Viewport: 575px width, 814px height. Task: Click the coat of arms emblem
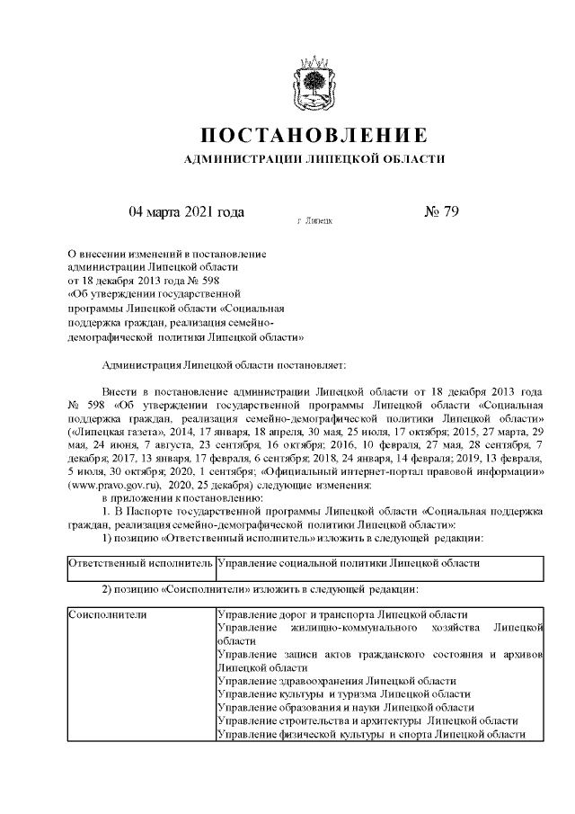312,85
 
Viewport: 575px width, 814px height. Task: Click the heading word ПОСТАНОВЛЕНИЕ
313,137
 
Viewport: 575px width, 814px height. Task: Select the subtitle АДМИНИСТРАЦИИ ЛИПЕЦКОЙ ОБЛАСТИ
314,158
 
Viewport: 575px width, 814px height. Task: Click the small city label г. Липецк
314,219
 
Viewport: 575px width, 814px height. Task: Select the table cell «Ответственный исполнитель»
140,564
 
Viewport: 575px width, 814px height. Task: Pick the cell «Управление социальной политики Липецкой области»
349,564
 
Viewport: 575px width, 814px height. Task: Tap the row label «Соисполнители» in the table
108,613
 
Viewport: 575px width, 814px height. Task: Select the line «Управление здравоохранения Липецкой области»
337,681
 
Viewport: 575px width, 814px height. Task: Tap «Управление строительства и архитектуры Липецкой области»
367,721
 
